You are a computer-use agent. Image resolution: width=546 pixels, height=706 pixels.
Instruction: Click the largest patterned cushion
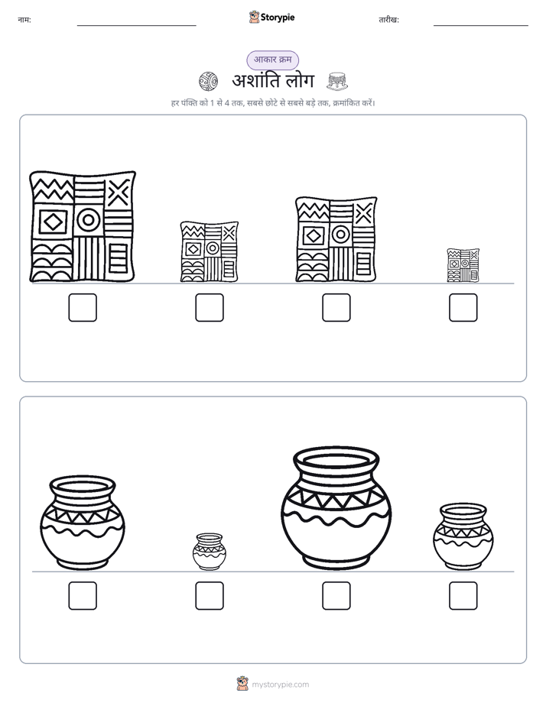83,226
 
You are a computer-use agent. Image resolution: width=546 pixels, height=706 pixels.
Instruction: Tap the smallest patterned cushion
463,265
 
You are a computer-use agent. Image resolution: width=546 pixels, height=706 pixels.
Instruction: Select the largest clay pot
336,508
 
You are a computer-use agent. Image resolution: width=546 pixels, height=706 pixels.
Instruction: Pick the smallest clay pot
210,552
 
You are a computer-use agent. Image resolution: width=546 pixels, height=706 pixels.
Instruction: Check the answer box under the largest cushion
83,307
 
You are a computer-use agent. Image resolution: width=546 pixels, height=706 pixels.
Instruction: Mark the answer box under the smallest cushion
463,307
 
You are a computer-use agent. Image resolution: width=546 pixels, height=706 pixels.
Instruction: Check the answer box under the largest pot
336,596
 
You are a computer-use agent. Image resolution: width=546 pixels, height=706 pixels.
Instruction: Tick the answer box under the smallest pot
210,596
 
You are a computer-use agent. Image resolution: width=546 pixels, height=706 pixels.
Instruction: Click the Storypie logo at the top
271,17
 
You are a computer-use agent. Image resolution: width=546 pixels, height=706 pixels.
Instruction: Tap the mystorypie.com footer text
280,685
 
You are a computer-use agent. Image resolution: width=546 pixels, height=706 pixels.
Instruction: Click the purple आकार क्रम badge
272,60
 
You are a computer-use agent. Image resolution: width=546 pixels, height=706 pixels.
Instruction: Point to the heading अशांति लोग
272,81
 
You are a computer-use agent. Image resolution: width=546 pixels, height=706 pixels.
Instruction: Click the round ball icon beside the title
208,81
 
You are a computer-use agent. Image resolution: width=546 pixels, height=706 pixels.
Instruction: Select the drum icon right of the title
337,81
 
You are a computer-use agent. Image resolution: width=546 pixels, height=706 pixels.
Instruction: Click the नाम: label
24,20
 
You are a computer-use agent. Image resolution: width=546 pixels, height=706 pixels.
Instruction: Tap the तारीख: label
388,20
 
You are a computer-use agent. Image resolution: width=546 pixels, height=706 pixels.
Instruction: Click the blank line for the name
136,26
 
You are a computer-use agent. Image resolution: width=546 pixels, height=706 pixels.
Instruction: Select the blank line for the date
481,26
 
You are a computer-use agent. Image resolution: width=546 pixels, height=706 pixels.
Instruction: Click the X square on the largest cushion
119,193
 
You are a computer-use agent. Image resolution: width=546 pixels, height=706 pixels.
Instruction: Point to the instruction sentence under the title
273,103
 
